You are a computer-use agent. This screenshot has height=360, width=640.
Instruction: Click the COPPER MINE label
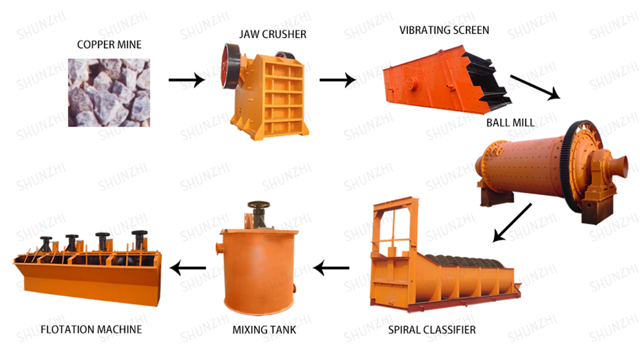[x=109, y=44]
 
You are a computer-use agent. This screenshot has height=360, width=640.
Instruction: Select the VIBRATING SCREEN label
[x=444, y=30]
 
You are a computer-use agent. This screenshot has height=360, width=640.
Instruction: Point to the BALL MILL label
[x=510, y=122]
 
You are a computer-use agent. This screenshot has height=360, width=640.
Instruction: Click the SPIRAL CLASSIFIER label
[x=431, y=330]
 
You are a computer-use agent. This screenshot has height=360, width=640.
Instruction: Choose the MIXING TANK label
[x=264, y=330]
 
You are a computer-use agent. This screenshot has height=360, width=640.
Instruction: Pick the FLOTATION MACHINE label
[x=91, y=329]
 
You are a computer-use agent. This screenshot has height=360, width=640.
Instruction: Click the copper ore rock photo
[x=109, y=92]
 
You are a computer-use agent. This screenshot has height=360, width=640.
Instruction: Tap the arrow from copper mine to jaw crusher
[x=186, y=79]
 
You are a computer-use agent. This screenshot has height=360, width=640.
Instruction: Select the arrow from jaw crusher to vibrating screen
[x=337, y=79]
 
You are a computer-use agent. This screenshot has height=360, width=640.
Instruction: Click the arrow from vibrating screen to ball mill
[x=535, y=87]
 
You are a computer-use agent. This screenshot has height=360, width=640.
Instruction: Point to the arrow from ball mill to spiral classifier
[x=512, y=222]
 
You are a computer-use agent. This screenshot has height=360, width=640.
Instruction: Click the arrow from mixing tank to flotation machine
[x=188, y=268]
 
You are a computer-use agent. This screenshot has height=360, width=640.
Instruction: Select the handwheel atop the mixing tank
[x=257, y=206]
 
